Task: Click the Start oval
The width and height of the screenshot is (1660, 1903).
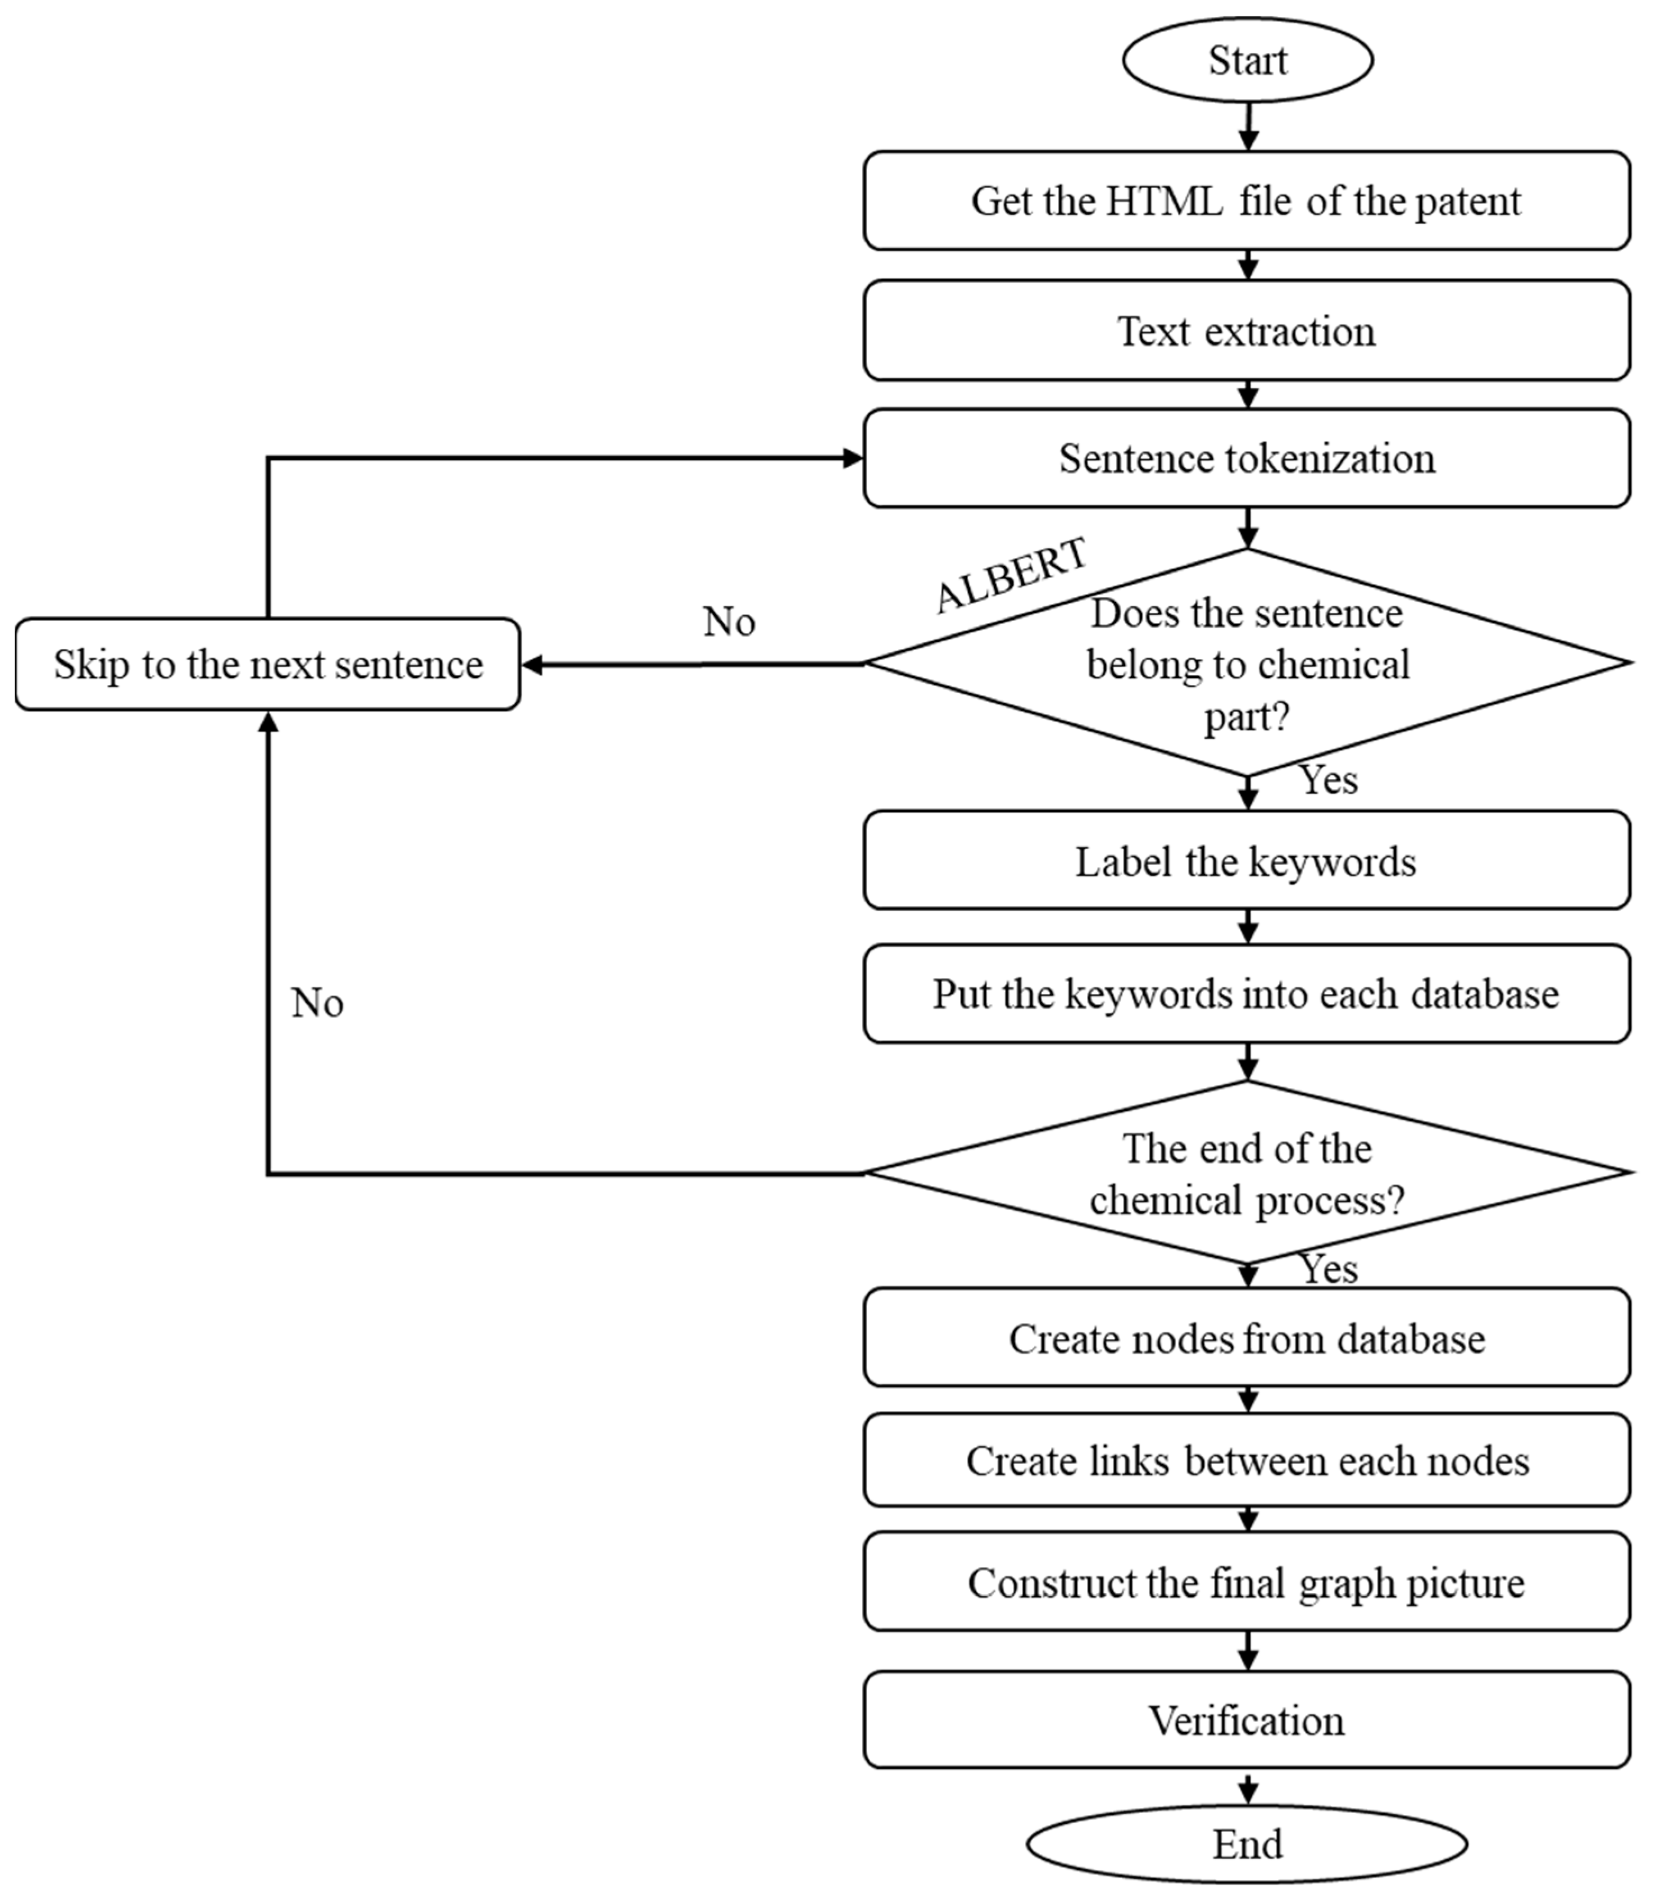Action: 1247,60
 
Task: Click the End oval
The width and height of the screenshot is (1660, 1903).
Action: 1247,1843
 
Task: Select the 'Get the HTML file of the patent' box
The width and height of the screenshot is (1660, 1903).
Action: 1247,201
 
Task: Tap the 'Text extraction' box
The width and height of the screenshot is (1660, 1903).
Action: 1247,331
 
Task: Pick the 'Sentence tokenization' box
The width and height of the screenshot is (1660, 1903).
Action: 1247,458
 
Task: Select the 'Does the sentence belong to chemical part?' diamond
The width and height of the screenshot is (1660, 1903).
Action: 1247,664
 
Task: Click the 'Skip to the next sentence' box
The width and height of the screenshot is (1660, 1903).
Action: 268,664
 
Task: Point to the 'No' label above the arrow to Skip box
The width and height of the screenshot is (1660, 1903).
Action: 729,621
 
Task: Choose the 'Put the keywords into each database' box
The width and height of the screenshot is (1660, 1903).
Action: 1247,993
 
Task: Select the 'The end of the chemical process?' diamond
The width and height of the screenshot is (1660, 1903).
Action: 1247,1173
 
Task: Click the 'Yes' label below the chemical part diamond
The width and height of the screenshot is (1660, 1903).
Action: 1329,780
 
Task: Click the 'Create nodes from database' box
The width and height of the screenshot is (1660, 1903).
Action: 1247,1339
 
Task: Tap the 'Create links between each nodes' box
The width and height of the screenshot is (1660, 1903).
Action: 1247,1461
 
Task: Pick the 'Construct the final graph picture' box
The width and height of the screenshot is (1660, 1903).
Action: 1247,1583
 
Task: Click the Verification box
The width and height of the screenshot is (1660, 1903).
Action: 1247,1720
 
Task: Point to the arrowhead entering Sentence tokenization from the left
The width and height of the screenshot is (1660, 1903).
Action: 852,458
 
